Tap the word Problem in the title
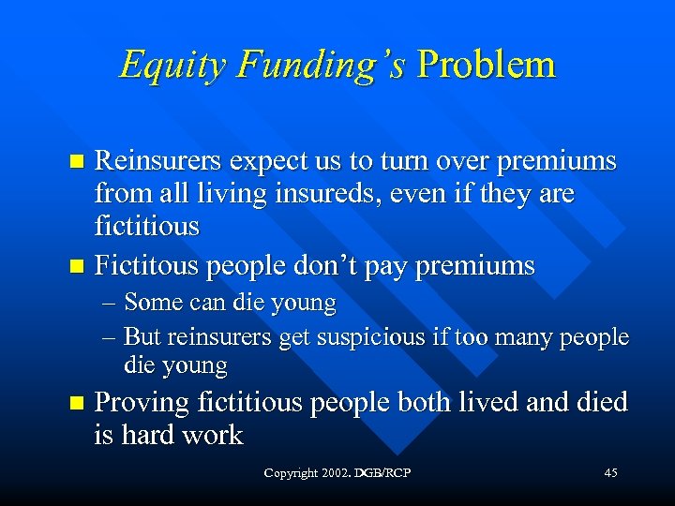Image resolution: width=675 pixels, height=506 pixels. pyautogui.click(x=487, y=65)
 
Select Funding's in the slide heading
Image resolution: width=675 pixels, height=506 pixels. pyautogui.click(x=322, y=66)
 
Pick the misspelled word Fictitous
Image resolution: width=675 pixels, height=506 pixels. pyautogui.click(x=147, y=266)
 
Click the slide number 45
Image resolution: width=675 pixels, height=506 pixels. pyautogui.click(x=610, y=474)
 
